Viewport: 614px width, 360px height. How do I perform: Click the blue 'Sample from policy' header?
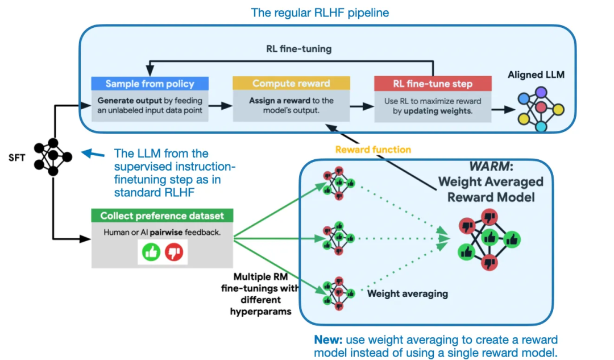point(150,84)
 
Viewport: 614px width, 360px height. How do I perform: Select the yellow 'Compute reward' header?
point(291,84)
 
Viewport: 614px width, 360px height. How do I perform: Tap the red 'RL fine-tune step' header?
point(432,84)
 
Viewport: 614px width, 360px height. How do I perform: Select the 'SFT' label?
point(17,158)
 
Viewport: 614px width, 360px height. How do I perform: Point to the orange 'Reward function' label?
point(373,150)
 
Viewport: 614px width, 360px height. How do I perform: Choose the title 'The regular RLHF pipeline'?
point(320,12)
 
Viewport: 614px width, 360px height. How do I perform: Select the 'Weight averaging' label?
point(408,294)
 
